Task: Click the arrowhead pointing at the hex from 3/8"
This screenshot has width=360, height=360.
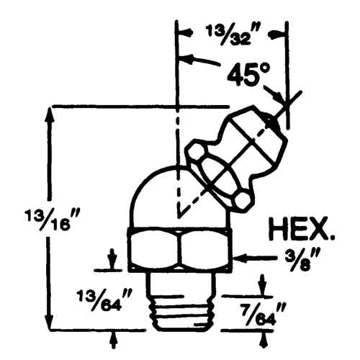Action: (x=242, y=256)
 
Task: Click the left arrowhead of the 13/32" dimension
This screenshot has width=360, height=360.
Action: (x=184, y=32)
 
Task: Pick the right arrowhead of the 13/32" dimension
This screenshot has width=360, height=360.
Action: (x=283, y=32)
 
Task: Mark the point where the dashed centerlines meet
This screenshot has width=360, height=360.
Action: (x=177, y=215)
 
